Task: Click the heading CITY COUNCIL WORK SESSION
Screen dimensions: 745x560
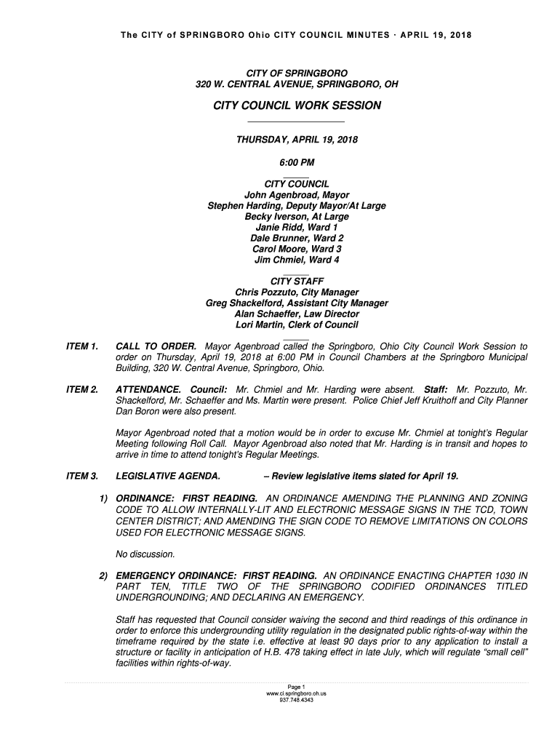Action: tap(296, 106)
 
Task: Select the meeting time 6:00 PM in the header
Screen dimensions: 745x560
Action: tap(296, 163)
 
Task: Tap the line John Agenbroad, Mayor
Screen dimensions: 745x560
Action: tap(296, 195)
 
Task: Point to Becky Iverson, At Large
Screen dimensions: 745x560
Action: tap(296, 217)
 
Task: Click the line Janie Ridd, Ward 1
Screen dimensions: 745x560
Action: tap(296, 228)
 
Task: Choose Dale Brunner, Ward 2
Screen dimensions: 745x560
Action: tap(296, 239)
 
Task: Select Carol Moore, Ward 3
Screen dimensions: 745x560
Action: tap(296, 250)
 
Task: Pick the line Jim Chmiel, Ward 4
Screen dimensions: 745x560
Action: tap(296, 260)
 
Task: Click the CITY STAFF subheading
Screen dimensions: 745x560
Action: tap(296, 282)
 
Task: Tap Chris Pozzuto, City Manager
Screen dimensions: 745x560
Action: tap(296, 292)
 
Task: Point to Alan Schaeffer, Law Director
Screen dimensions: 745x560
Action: tap(296, 314)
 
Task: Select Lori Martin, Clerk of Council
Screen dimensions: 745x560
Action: tap(296, 325)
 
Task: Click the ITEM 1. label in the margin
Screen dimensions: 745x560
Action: tap(82, 346)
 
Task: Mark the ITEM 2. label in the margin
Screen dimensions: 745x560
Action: tap(82, 390)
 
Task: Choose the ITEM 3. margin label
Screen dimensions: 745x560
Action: tap(82, 477)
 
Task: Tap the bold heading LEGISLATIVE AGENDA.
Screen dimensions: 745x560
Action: tap(168, 477)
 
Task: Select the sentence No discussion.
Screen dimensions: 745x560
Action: tap(145, 554)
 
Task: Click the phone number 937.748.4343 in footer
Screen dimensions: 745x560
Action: tap(296, 701)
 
